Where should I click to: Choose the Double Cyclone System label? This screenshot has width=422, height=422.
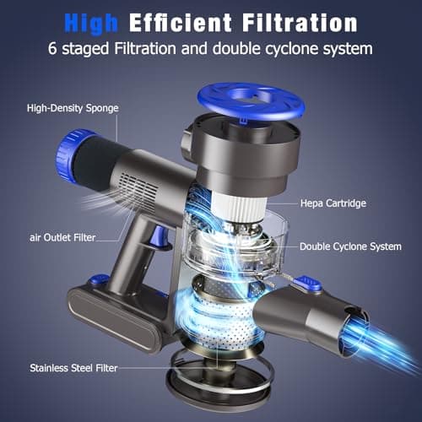[x=350, y=246]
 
